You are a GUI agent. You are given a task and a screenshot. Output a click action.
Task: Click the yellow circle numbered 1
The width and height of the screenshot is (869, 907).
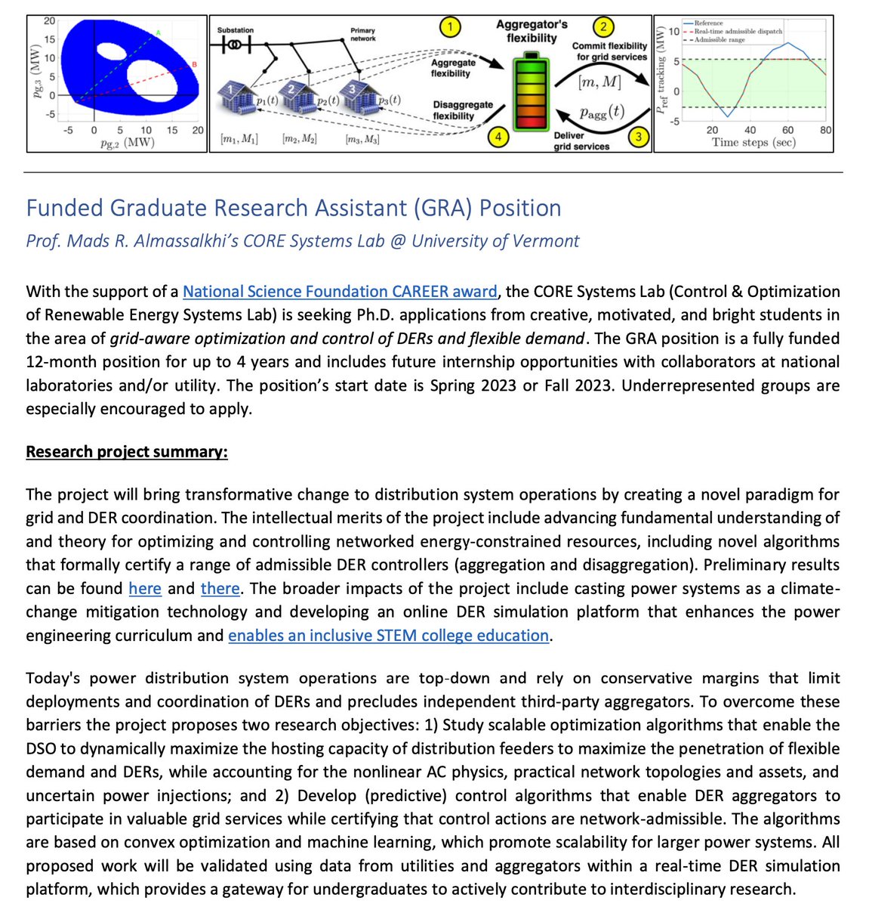450,28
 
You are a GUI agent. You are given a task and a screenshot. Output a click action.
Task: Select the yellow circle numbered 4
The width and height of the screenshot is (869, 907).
498,138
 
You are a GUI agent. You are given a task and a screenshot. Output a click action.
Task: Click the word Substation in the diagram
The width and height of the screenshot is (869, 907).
236,30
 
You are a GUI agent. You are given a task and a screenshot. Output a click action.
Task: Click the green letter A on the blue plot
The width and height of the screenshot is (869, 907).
159,33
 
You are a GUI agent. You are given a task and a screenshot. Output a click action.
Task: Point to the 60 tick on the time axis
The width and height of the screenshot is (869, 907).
788,130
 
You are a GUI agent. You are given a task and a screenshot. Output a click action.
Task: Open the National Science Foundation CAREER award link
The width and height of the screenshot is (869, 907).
340,292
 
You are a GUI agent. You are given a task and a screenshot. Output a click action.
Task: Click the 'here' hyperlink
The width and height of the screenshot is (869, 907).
145,589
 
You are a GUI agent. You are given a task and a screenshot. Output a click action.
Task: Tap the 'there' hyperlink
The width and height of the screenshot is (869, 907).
220,589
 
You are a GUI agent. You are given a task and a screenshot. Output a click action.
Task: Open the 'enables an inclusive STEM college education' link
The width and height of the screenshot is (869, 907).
388,636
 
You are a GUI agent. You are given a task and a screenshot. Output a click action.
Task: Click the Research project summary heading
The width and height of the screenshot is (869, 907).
127,452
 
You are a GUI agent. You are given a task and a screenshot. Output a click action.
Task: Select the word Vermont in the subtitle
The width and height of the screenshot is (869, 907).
549,241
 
